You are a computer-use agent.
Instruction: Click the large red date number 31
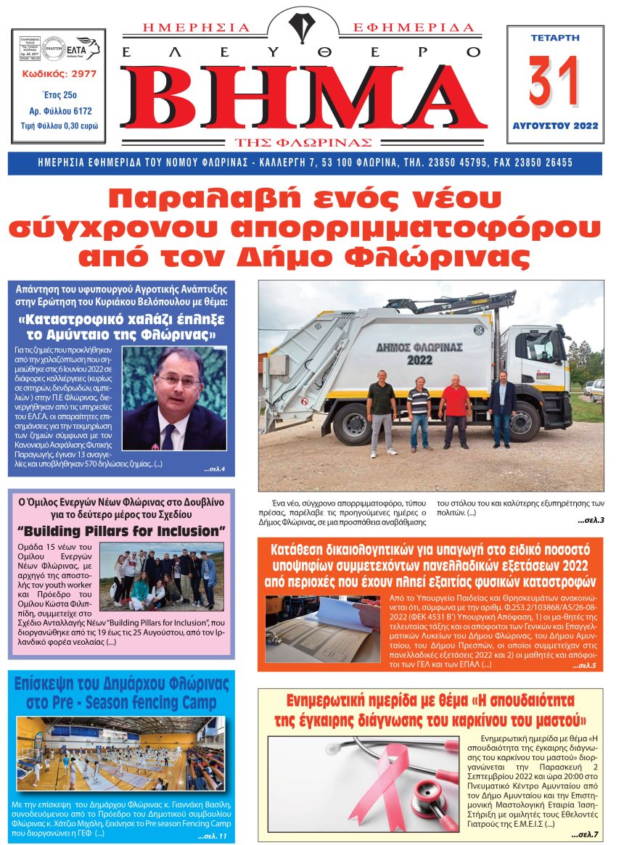click(x=554, y=81)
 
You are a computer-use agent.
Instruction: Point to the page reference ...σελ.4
click(x=214, y=469)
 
